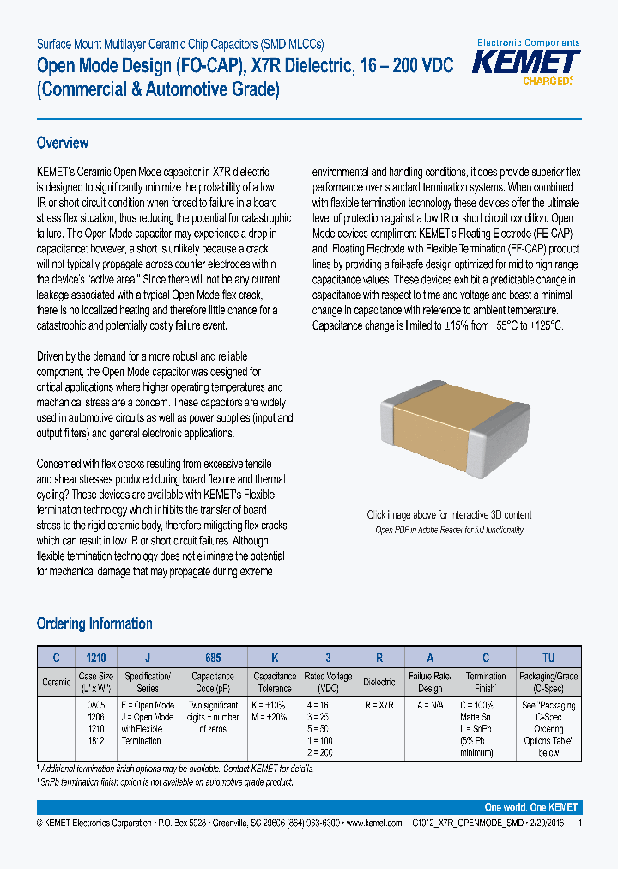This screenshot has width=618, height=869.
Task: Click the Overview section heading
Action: [63, 143]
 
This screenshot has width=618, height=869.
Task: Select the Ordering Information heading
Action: [94, 623]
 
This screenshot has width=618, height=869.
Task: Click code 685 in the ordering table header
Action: [213, 658]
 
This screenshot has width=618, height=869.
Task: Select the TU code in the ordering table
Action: [548, 658]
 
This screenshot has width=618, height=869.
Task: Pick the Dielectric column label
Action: [379, 682]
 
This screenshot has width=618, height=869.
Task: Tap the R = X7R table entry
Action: [379, 705]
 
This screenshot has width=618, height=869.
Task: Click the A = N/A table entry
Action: [430, 705]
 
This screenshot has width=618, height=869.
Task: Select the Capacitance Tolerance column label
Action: [274, 682]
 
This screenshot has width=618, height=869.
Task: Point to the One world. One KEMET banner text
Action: [531, 808]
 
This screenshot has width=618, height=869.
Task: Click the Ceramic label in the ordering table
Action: [57, 682]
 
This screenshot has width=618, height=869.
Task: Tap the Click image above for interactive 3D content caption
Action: [449, 515]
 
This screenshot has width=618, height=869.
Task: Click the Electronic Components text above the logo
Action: [528, 42]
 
